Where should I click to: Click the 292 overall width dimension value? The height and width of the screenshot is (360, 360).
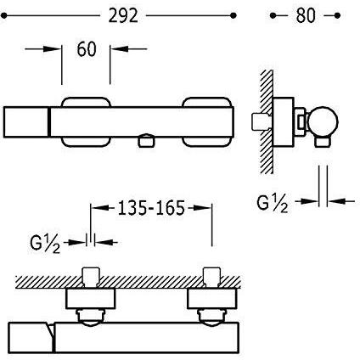coord(123,15)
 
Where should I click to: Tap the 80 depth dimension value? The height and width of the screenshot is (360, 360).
coord(306,15)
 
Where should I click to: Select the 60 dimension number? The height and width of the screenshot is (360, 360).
coord(87,49)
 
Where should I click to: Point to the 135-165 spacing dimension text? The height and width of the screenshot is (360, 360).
coord(151,208)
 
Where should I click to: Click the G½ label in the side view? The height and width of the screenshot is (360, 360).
coord(272,204)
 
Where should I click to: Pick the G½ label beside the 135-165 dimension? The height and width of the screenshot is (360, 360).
coord(45,244)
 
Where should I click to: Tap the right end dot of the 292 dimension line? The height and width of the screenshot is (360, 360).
coord(233,15)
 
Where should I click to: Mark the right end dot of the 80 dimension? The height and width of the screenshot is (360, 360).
coord(337,15)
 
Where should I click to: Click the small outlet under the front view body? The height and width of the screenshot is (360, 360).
coord(146,141)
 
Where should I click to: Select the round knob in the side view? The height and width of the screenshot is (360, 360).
coord(323,121)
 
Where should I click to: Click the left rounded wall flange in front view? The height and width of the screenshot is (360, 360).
coord(86,121)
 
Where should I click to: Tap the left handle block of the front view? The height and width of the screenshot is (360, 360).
coord(26,122)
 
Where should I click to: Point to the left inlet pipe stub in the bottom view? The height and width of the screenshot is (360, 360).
coord(91,277)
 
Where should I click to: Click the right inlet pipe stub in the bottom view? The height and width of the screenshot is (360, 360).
coord(212,277)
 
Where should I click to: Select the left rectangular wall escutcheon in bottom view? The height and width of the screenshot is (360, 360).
coord(91,299)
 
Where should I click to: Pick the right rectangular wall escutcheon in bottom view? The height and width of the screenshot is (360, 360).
coord(212,299)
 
